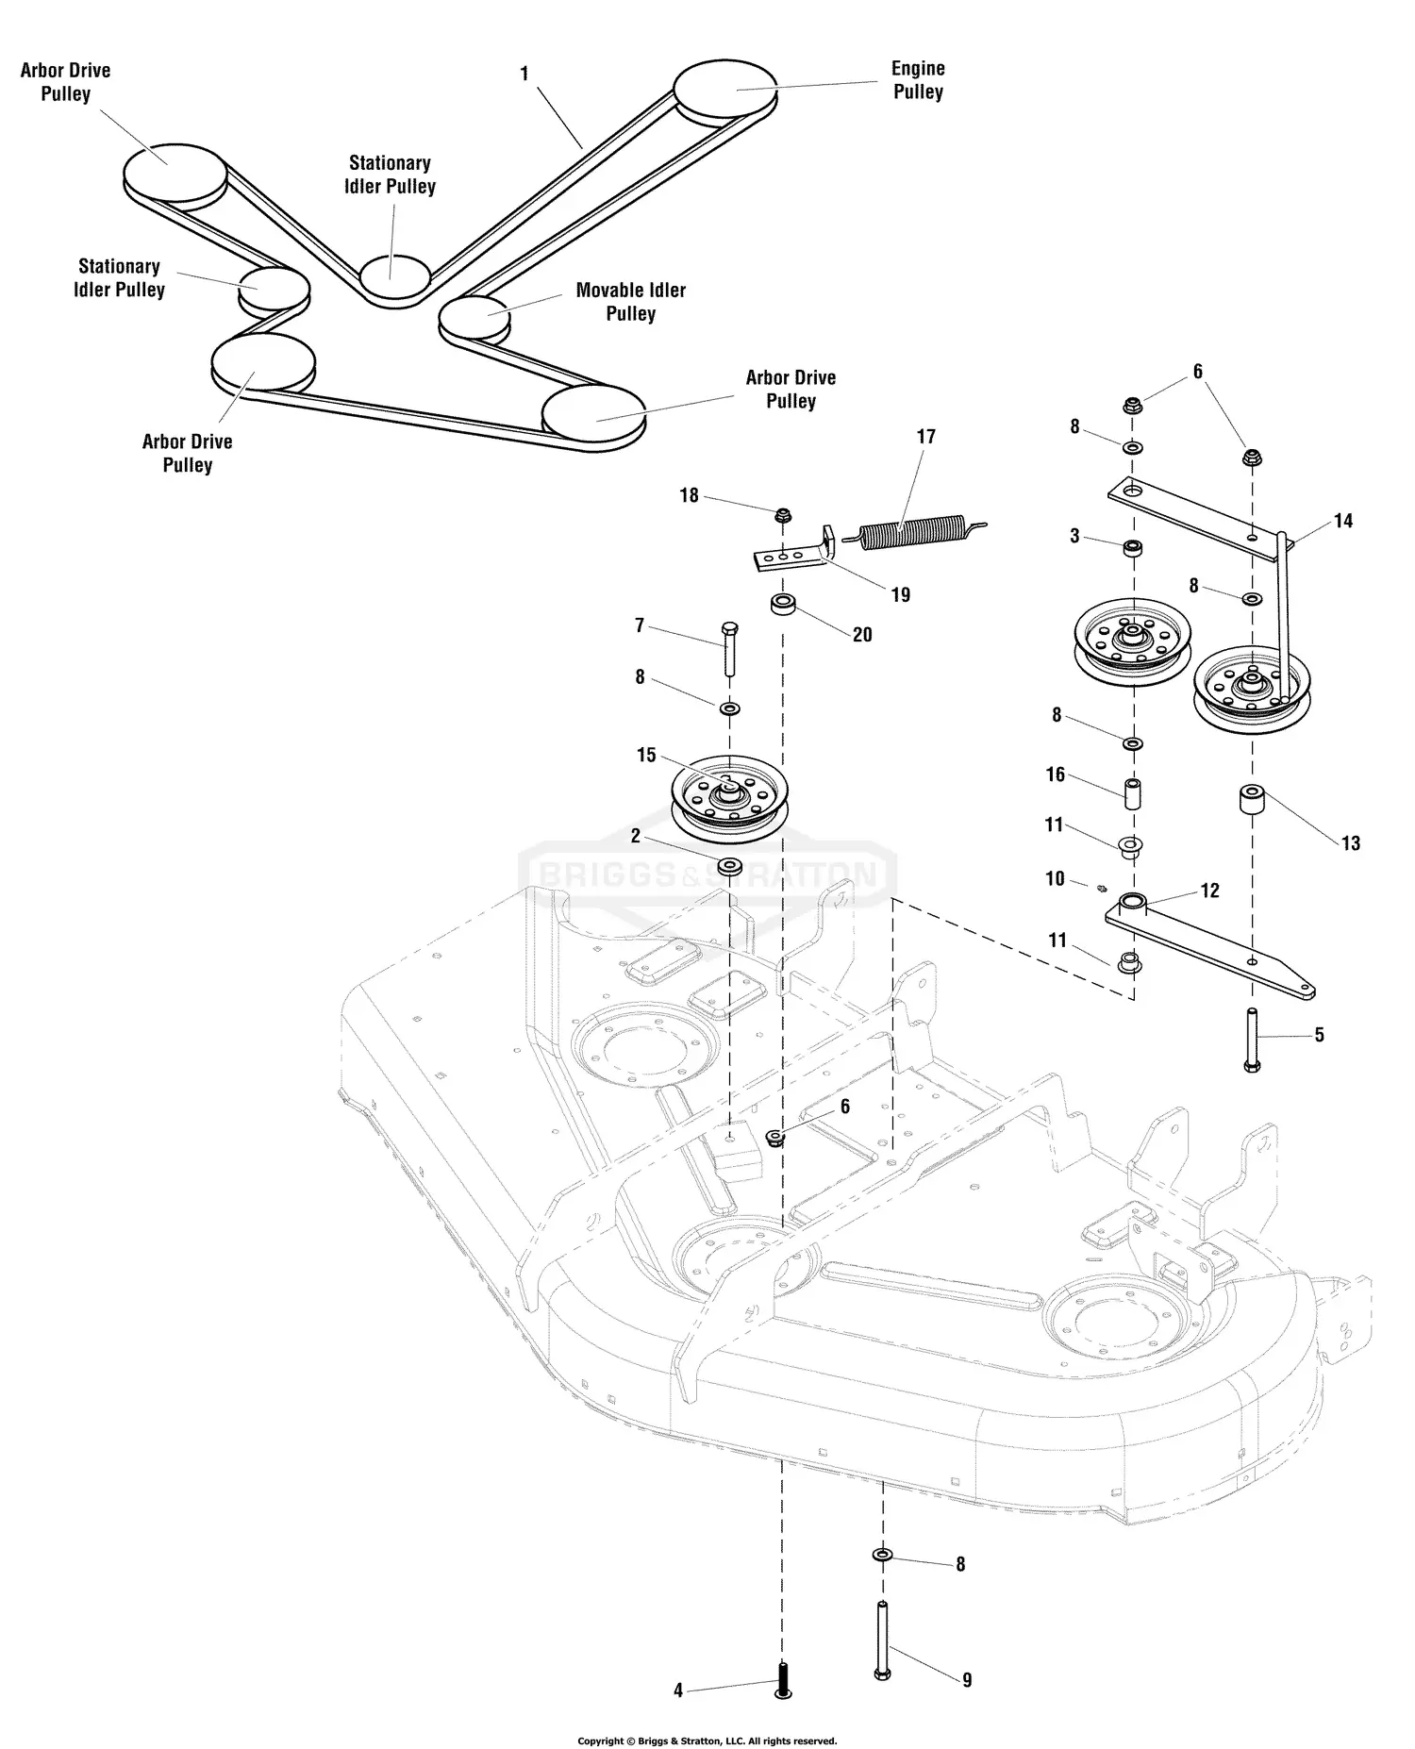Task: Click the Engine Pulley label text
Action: pos(918,80)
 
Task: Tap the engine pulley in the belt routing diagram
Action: pos(724,91)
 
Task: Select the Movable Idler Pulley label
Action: pos(630,302)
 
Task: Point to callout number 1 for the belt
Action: pos(524,74)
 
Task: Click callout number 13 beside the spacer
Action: pos(1351,843)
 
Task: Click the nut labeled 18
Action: pos(782,515)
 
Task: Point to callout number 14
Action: pos(1343,521)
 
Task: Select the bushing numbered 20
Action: pos(782,605)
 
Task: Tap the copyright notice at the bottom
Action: pos(707,1741)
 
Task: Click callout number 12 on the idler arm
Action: pos(1209,891)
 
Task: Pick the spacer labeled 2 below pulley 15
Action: pos(729,866)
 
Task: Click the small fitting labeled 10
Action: pos(1100,887)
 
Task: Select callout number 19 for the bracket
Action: pos(900,594)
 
